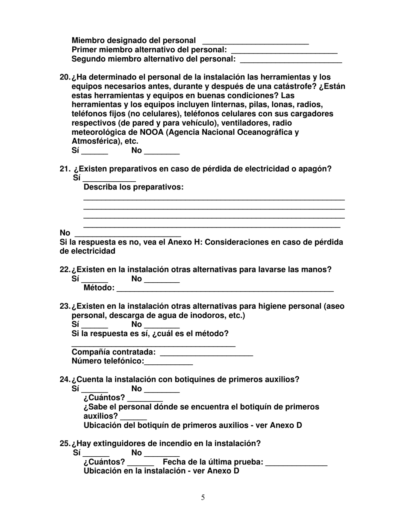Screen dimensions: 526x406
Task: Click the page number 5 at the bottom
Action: click(203, 497)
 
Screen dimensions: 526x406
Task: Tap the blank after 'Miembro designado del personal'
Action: click(255, 41)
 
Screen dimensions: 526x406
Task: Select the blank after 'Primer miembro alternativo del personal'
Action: click(284, 50)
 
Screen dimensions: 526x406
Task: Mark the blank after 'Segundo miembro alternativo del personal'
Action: click(291, 60)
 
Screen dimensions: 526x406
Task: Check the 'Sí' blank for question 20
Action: click(94, 151)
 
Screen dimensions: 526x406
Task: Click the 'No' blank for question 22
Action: click(162, 280)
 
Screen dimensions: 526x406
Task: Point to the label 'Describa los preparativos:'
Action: click(133, 187)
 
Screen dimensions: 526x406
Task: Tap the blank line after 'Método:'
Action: click(225, 289)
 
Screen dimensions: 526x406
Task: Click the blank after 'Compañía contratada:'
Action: click(206, 353)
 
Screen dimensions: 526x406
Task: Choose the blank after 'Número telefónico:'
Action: click(169, 362)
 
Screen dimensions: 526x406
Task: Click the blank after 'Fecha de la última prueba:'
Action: click(296, 463)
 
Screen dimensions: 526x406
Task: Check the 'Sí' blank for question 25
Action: click(96, 454)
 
